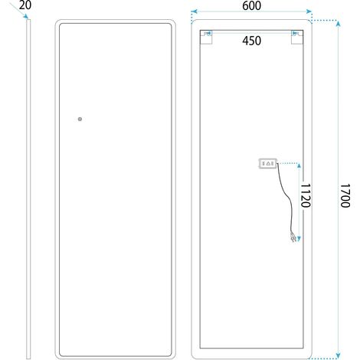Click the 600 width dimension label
(251, 5)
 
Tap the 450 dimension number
(251, 41)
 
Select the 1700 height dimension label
(345, 195)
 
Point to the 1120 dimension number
(306, 195)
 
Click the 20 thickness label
(25, 5)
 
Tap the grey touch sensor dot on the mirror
(80, 119)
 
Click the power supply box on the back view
(268, 163)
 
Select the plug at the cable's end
(293, 237)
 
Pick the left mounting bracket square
(206, 38)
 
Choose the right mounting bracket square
(297, 38)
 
